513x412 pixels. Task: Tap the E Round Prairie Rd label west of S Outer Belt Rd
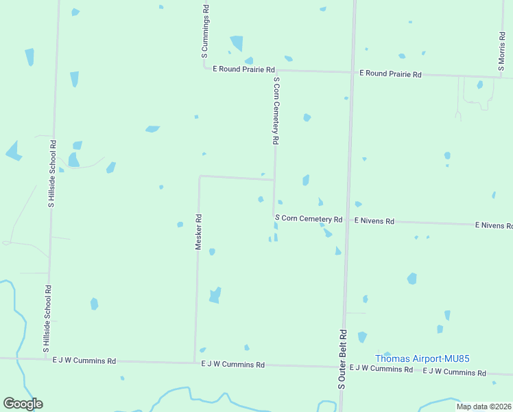click(x=243, y=69)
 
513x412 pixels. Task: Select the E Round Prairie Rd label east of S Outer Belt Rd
click(x=390, y=73)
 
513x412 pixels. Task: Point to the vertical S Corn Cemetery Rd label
click(x=276, y=110)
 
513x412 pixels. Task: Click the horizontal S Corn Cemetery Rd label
click(x=309, y=218)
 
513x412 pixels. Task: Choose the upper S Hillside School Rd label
click(x=51, y=174)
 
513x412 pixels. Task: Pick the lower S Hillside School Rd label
click(x=47, y=319)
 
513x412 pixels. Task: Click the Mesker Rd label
click(x=198, y=232)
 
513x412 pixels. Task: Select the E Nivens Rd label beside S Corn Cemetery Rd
click(x=374, y=221)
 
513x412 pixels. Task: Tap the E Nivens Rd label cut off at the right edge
click(x=494, y=225)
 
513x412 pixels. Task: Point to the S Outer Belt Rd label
click(x=342, y=359)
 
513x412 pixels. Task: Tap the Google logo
click(x=23, y=404)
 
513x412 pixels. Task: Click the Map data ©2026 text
click(x=484, y=407)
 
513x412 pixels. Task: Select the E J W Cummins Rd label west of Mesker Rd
click(x=84, y=360)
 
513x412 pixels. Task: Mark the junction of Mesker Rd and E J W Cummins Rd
click(x=195, y=362)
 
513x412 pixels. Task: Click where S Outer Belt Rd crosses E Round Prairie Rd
click(x=353, y=71)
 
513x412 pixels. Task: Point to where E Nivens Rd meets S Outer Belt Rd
click(x=348, y=220)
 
